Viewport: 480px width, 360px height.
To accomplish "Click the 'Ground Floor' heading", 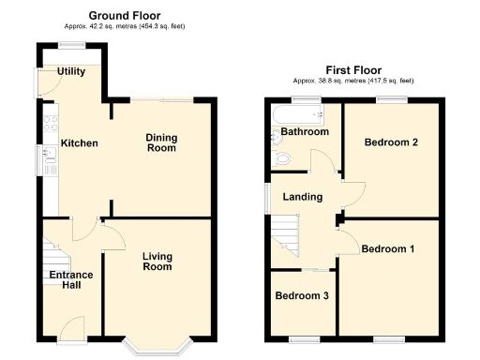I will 124,15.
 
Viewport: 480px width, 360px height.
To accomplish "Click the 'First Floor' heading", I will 354,69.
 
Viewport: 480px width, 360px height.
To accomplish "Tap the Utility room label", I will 71,71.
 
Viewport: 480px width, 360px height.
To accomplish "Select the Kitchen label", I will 80,143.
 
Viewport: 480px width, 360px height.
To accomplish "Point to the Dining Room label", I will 160,142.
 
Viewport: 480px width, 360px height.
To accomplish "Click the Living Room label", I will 157,261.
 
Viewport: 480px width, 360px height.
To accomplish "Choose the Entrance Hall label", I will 71,279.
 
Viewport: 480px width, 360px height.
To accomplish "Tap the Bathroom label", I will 306,132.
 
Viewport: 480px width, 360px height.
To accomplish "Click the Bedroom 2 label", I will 391,142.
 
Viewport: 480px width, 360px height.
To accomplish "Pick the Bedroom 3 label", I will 302,295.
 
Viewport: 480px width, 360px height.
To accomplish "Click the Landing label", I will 303,197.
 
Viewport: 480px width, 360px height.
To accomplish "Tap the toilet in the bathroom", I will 278,159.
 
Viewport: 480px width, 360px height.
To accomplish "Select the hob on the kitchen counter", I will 50,122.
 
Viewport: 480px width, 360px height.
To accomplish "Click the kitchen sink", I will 49,162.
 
